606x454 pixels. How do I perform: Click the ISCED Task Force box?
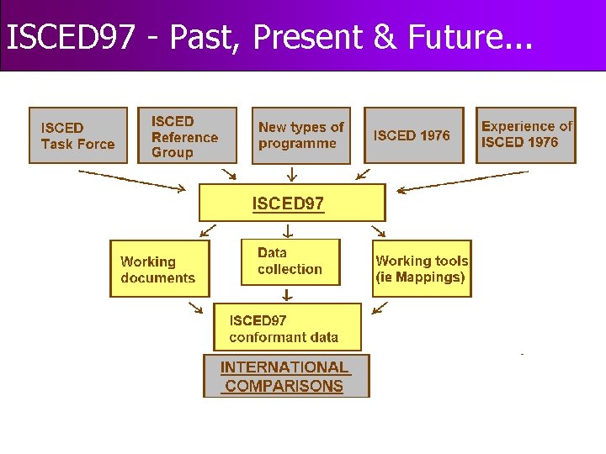pos(78,135)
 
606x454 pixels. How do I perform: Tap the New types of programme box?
pos(301,135)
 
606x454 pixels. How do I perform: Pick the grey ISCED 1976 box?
pos(413,135)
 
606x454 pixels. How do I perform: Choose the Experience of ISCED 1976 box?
pos(526,135)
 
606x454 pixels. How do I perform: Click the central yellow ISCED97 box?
pos(291,203)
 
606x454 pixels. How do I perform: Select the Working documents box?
pos(159,269)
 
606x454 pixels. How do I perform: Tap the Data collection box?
pos(290,261)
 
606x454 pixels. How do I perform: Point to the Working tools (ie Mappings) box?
pos(422,269)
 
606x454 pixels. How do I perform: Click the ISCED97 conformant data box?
pos(287,328)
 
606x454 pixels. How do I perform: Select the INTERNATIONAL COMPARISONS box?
pos(286,377)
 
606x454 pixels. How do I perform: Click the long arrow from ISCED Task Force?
pos(131,181)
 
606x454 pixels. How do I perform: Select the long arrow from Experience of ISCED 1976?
pos(462,181)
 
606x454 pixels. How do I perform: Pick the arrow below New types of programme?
pos(291,174)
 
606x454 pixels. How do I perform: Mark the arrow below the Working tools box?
pos(380,308)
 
